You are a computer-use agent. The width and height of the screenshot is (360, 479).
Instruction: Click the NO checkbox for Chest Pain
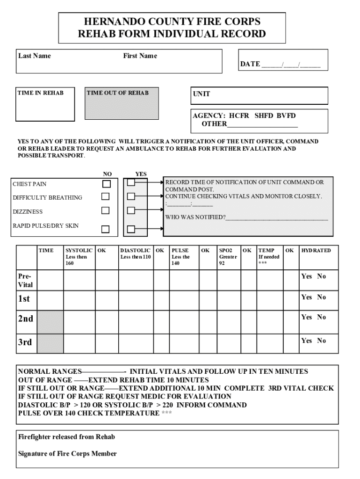[107, 184]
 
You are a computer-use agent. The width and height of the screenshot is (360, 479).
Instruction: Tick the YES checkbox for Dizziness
[131, 210]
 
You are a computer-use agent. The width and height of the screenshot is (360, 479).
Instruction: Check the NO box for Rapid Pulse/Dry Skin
[106, 229]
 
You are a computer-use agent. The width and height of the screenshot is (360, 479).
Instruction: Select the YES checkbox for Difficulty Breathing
[131, 196]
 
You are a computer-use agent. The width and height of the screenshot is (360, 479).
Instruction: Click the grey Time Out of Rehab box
[122, 103]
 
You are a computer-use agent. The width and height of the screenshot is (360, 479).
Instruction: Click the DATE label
[250, 64]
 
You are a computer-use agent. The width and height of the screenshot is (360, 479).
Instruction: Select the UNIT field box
[259, 95]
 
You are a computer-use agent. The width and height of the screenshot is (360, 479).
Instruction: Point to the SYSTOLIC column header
[79, 251]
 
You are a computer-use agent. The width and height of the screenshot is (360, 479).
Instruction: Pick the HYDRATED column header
[316, 251]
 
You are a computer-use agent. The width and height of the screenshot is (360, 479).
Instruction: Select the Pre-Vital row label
[26, 280]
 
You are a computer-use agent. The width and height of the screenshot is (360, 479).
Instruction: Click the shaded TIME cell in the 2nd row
[50, 322]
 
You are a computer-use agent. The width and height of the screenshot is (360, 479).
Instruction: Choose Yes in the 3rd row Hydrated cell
[306, 341]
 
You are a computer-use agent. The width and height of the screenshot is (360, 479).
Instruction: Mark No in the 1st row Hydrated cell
[322, 298]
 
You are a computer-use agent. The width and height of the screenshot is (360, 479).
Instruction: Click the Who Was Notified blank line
[277, 218]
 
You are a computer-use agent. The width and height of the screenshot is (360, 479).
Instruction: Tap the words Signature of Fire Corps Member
[67, 454]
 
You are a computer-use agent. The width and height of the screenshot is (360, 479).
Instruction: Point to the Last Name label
[35, 56]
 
